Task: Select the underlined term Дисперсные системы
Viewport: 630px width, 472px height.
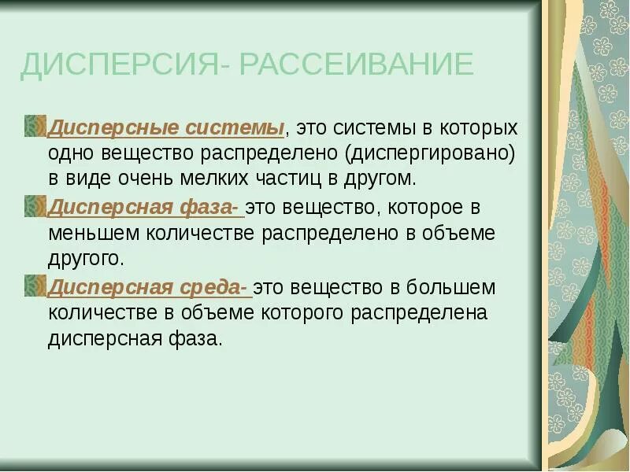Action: tap(166, 127)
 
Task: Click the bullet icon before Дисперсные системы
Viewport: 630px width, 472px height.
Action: tap(35, 126)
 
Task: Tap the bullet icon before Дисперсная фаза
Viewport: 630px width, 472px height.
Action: tap(35, 207)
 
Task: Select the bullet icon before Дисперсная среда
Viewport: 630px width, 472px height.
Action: tap(35, 286)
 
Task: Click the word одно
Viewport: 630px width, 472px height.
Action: tap(70, 152)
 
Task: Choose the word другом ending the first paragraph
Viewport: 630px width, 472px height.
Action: tap(378, 178)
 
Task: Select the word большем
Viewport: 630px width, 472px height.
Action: tap(452, 288)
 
